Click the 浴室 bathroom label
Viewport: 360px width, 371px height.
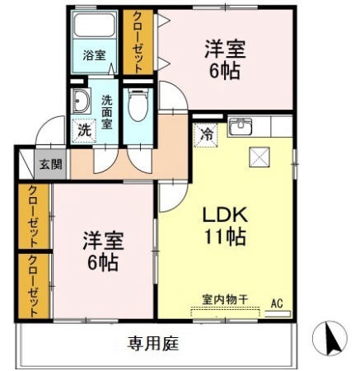[x=94, y=56]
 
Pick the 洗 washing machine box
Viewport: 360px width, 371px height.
[x=84, y=129]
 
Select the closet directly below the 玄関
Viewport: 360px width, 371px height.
[x=34, y=216]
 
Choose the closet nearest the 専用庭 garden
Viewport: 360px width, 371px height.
[x=34, y=285]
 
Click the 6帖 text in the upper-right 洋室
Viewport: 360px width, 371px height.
[x=224, y=71]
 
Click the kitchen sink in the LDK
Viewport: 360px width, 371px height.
[x=241, y=126]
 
